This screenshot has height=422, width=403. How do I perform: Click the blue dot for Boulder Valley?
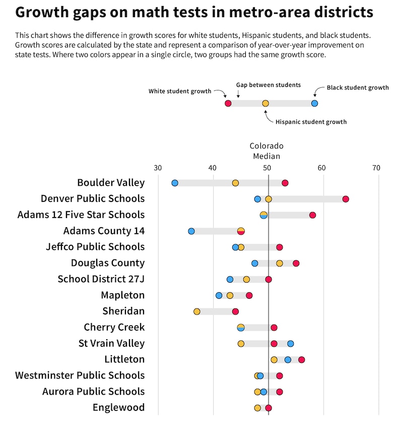175,183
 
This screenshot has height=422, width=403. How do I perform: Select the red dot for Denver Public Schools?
346,199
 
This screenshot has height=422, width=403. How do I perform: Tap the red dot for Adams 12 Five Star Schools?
312,215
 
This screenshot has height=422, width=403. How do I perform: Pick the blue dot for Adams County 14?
191,231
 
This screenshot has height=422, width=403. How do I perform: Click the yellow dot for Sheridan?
197,311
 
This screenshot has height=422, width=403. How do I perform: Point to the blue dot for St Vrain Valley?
291,344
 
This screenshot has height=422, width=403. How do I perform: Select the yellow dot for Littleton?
274,359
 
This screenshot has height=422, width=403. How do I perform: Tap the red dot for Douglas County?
296,263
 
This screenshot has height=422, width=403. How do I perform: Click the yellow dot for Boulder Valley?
235,183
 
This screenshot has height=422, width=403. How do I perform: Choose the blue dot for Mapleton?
219,295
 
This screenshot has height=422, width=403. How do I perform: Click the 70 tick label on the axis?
376,168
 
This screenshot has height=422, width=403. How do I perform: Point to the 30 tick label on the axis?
158,168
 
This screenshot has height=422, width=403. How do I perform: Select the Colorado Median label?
266,151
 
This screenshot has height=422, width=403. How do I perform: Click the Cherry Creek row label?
114,327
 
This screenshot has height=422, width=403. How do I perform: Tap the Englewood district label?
119,407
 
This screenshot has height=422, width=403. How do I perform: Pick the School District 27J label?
101,279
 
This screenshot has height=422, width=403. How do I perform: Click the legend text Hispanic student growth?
311,122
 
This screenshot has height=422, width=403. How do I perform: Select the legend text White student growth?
180,91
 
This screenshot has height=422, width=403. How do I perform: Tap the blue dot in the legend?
314,103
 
